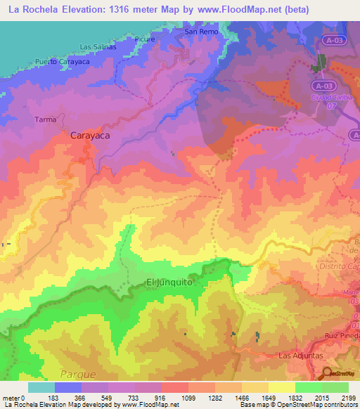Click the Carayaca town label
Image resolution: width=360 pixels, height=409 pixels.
click(90, 136)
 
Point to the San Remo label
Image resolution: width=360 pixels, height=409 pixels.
click(200, 32)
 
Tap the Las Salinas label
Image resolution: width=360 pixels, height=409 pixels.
click(97, 47)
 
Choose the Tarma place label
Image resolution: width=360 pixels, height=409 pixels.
click(46, 119)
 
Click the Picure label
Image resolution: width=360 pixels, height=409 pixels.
click(144, 39)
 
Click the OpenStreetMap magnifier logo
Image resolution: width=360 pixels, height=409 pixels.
click(326, 373)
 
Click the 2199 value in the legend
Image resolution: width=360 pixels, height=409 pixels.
click(348, 397)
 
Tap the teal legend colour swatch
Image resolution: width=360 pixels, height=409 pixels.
click(41, 387)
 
